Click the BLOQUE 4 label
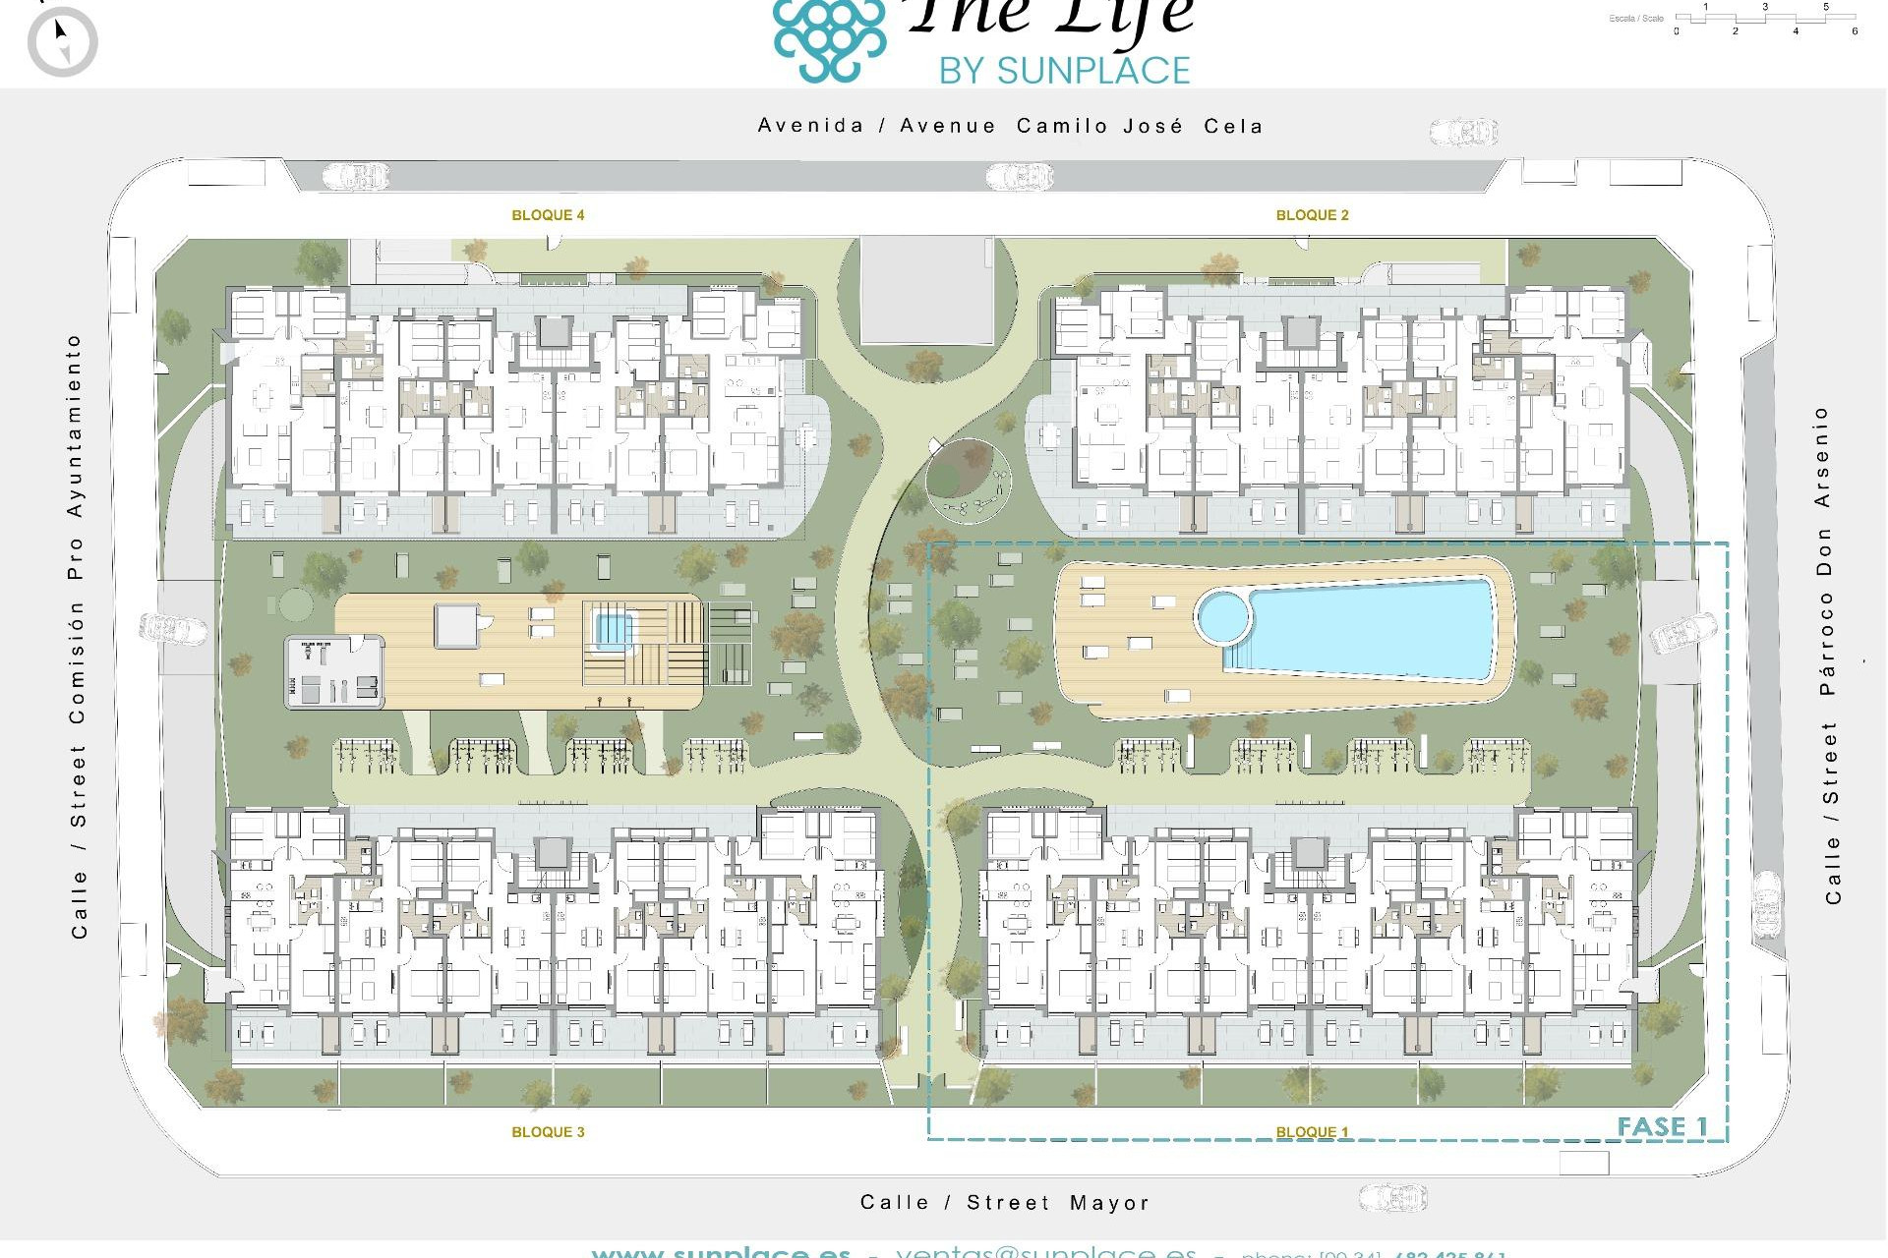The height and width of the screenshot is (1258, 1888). (548, 215)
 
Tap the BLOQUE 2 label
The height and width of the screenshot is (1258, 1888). (1312, 215)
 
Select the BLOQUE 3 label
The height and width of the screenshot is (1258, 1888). (548, 1132)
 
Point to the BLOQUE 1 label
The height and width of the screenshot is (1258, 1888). (1312, 1132)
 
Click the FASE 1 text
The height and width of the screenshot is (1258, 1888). (1662, 1126)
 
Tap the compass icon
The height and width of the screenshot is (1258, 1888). (63, 41)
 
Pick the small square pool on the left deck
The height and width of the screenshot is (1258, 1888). (612, 627)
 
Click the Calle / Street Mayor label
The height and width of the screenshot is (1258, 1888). (1004, 1203)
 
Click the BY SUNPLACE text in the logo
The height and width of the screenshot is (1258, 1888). (1064, 71)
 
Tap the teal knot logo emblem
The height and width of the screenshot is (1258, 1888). (829, 39)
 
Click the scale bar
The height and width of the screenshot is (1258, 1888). (1765, 19)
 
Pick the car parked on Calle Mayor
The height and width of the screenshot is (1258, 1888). (1392, 1198)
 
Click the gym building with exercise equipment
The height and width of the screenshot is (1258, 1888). (334, 672)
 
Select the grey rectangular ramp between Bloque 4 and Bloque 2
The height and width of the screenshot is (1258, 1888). (926, 290)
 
